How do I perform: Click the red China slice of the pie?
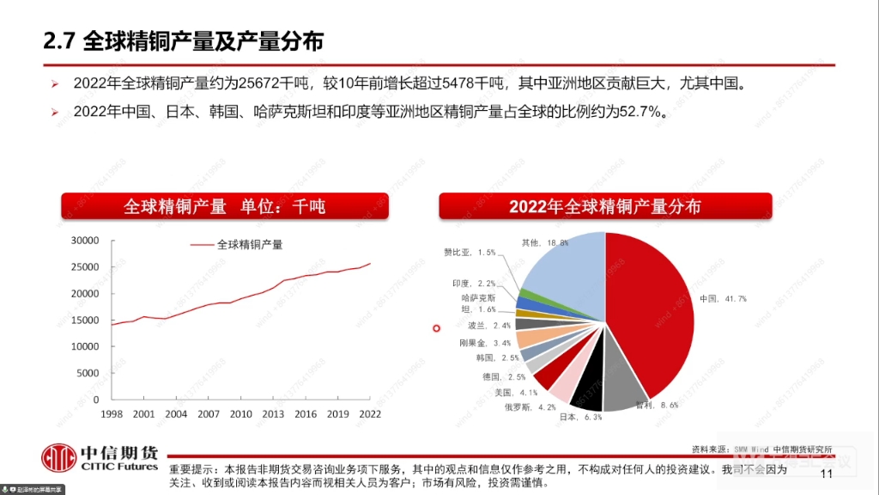tap(652, 309)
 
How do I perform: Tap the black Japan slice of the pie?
tap(587, 390)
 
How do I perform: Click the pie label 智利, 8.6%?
tap(657, 404)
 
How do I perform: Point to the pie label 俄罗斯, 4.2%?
tap(532, 406)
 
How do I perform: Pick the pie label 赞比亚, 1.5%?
tap(470, 253)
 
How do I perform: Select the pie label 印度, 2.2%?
tap(474, 284)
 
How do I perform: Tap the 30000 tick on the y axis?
tap(84, 241)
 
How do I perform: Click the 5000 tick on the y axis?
tap(88, 373)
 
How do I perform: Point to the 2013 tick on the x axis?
tap(273, 414)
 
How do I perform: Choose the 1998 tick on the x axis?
tap(112, 414)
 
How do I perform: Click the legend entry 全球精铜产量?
tap(249, 244)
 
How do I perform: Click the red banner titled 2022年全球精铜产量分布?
tap(605, 206)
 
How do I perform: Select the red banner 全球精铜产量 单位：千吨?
tap(224, 206)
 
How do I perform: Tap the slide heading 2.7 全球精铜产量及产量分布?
tap(184, 40)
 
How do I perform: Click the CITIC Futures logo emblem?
tap(59, 456)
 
